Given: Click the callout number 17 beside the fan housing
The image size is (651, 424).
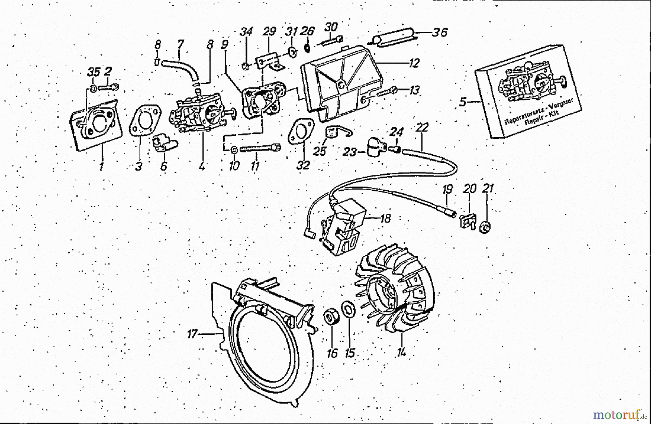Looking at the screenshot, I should (192, 334).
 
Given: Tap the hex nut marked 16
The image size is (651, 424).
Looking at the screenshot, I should (330, 318).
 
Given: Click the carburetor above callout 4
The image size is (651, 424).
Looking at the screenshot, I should (201, 114).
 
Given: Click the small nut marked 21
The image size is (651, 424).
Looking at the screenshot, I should (486, 227).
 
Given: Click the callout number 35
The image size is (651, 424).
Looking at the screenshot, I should (93, 72).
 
